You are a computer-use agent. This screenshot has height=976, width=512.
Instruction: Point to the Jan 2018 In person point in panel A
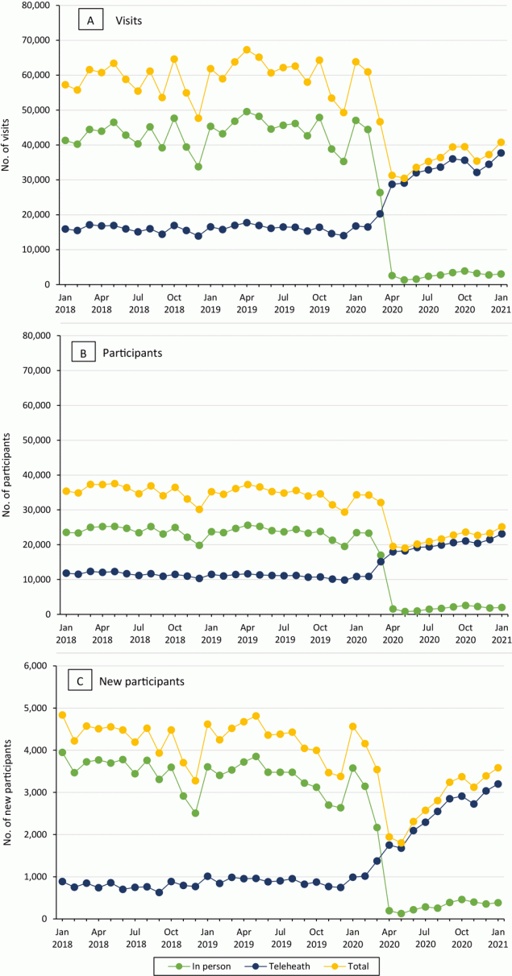65,141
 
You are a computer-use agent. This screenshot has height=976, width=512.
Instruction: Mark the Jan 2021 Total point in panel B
501,527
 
